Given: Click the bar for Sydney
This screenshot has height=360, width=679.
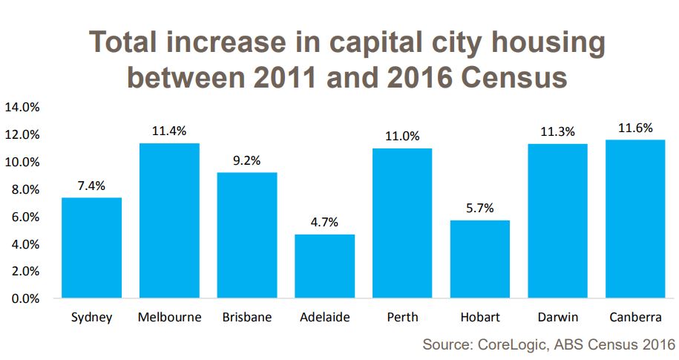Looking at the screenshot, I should pos(91,248).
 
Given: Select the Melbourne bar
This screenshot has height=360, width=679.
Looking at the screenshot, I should pos(169,220).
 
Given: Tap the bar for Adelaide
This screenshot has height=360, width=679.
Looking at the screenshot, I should pos(324,266).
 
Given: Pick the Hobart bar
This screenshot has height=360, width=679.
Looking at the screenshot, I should pos(479,259).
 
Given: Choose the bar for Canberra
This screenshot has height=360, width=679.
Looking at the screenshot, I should pos(634,219).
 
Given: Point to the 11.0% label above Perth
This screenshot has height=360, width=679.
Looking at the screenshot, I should pos(402,136).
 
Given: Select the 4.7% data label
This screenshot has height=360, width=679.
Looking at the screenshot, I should pos(324,221).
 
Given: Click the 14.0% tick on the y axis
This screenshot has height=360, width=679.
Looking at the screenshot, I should pos(22,107).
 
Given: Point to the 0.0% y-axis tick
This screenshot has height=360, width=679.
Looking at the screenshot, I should pos(24,299).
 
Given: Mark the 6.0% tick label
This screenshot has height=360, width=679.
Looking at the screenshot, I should pos(24,217).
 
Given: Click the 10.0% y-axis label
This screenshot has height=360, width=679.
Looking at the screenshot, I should pos(22,162).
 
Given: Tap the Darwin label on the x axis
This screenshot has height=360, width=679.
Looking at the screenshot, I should pos(557,318).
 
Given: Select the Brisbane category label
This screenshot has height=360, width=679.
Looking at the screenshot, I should pos(246,318).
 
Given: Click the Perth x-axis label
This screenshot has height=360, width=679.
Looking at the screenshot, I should pos(402,318).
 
